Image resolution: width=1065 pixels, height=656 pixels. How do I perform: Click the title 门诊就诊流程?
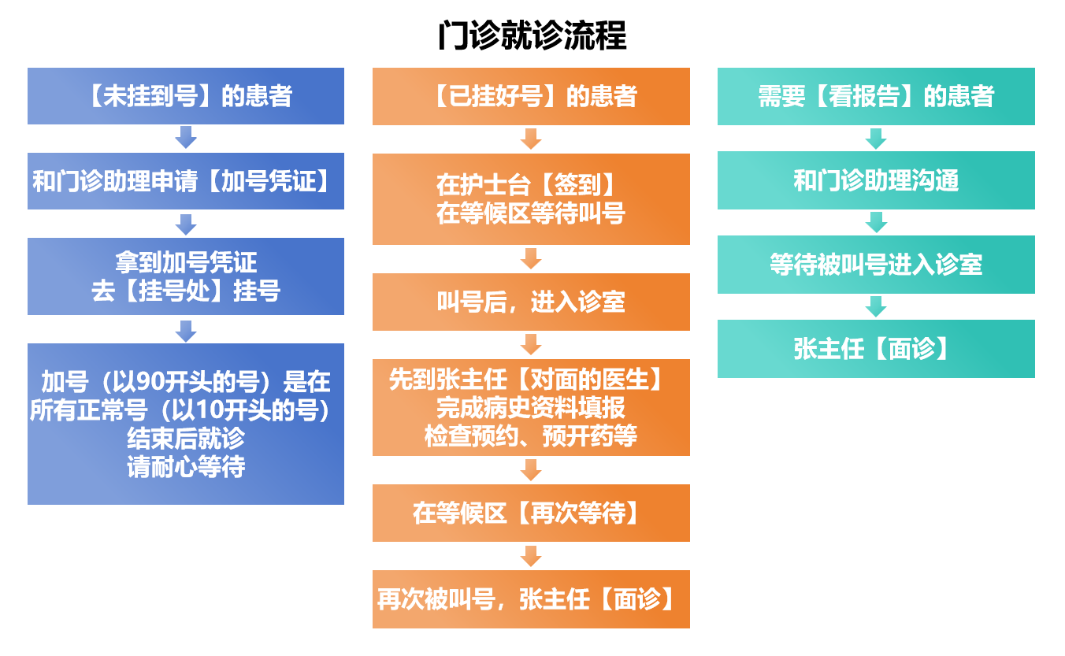[532, 35]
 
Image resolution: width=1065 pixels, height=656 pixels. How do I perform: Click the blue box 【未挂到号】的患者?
[186, 96]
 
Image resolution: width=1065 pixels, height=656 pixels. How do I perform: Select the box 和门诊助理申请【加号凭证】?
[186, 181]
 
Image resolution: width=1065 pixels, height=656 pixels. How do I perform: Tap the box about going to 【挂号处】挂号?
[186, 276]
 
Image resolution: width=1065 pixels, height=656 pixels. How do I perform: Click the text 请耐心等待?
[186, 467]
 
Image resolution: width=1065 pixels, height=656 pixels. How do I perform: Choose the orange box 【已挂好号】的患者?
[531, 96]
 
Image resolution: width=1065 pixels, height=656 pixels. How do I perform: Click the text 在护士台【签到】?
[526, 185]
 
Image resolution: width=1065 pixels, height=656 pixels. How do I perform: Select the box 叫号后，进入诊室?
[531, 302]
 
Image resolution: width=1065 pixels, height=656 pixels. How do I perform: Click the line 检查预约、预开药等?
[531, 436]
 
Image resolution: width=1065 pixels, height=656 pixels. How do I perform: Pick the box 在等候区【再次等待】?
[531, 513]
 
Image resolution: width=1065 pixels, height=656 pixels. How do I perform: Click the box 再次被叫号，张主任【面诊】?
[531, 599]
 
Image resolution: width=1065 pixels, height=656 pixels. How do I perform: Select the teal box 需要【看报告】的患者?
[876, 96]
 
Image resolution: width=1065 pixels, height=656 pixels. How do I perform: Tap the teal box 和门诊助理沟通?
[876, 181]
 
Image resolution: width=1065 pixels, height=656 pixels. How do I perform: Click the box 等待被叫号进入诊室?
[876, 265]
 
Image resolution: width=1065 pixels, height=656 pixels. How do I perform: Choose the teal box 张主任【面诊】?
[876, 349]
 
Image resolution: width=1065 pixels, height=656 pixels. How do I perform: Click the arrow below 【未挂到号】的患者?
[186, 138]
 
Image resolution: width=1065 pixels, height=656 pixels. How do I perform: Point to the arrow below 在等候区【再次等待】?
[532, 555]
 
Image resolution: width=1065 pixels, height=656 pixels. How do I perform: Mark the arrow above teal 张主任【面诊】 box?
[876, 306]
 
